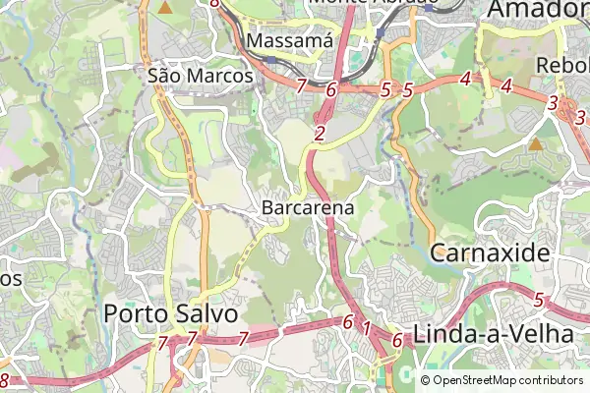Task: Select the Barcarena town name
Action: pos(308,208)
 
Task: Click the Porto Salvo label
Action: pos(171,313)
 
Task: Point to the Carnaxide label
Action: pos(490,252)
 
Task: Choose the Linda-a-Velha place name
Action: pos(494,334)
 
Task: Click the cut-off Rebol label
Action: pos(562,65)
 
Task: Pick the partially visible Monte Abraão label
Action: pos(372,3)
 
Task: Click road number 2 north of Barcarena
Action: pos(321,134)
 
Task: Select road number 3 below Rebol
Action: pos(554,102)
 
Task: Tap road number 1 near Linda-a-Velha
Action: pos(367,327)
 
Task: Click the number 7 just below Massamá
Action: pos(301,85)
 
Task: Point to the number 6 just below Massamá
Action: pos(330,89)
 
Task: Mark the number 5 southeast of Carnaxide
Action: pos(538,299)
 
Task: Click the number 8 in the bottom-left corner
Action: pos(5,379)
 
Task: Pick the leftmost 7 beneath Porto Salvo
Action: pos(162,343)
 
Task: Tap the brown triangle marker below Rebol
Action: pos(536,144)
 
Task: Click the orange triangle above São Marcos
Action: pos(165,8)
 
